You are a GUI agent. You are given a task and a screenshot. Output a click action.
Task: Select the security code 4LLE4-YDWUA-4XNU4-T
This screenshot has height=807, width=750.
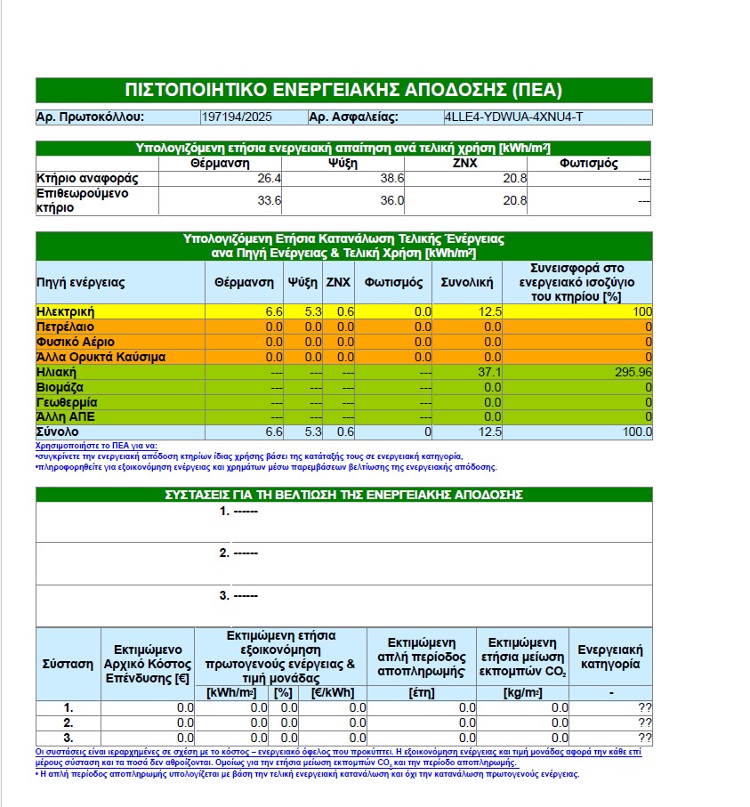[513, 117]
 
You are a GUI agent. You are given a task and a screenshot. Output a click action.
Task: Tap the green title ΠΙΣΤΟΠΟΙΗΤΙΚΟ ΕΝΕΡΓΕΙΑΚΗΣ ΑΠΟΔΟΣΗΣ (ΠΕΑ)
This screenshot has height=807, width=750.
[343, 90]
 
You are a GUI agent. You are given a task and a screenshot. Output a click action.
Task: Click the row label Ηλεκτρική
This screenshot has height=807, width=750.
[66, 311]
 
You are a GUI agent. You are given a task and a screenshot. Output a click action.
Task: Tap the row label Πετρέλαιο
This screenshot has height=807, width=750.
[67, 327]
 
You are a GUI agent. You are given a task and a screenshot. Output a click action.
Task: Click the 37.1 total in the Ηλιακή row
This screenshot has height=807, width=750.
[490, 372]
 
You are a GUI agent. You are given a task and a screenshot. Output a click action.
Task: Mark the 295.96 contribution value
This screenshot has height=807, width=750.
[633, 372]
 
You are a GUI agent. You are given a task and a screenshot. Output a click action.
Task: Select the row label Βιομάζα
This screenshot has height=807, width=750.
[60, 387]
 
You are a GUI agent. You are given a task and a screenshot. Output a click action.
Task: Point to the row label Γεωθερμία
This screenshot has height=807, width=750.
[66, 402]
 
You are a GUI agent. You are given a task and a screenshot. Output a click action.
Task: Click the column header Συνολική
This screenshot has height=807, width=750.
[467, 283]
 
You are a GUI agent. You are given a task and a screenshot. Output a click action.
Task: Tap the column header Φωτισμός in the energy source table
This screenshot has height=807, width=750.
[392, 283]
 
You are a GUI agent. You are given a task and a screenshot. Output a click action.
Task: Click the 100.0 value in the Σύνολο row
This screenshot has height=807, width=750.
[636, 432]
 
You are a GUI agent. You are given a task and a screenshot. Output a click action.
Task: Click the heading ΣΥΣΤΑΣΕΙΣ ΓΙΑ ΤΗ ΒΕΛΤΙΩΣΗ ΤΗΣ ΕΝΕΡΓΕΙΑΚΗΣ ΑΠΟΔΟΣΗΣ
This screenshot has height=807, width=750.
[343, 495]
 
